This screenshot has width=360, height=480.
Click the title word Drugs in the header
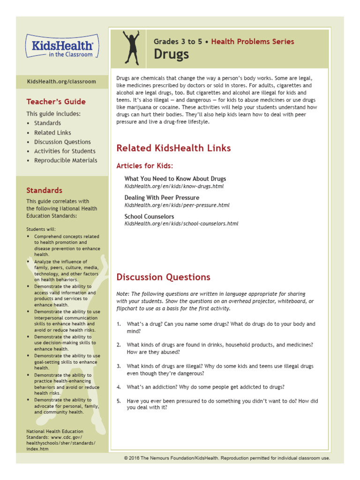pyautogui.click(x=171, y=54)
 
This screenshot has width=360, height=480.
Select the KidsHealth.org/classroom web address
pyautogui.click(x=61, y=82)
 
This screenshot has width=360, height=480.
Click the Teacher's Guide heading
pyautogui.click(x=56, y=102)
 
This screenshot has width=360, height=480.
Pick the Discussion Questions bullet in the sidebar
pyautogui.click(x=62, y=142)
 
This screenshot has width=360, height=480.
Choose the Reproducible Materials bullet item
pyautogui.click(x=66, y=160)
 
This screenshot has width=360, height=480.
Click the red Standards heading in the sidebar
pyautogui.click(x=44, y=190)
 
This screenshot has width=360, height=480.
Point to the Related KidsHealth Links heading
pyautogui.click(x=173, y=148)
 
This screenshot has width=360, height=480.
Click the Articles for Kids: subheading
pyautogui.click(x=144, y=166)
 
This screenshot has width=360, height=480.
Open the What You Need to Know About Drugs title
pyautogui.click(x=175, y=179)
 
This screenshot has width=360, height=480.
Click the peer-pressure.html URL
pyautogui.click(x=177, y=205)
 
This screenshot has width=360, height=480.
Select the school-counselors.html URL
pyautogui.click(x=181, y=224)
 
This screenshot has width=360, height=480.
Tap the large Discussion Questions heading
pyautogui.click(x=163, y=277)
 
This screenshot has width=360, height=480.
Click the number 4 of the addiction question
pyautogui.click(x=119, y=387)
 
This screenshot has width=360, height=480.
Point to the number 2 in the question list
pyautogui.click(x=119, y=345)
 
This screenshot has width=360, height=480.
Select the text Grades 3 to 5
pyautogui.click(x=178, y=42)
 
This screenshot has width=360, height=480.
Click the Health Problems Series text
pyautogui.click(x=253, y=42)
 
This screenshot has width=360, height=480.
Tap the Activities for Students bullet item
pyautogui.click(x=65, y=151)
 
